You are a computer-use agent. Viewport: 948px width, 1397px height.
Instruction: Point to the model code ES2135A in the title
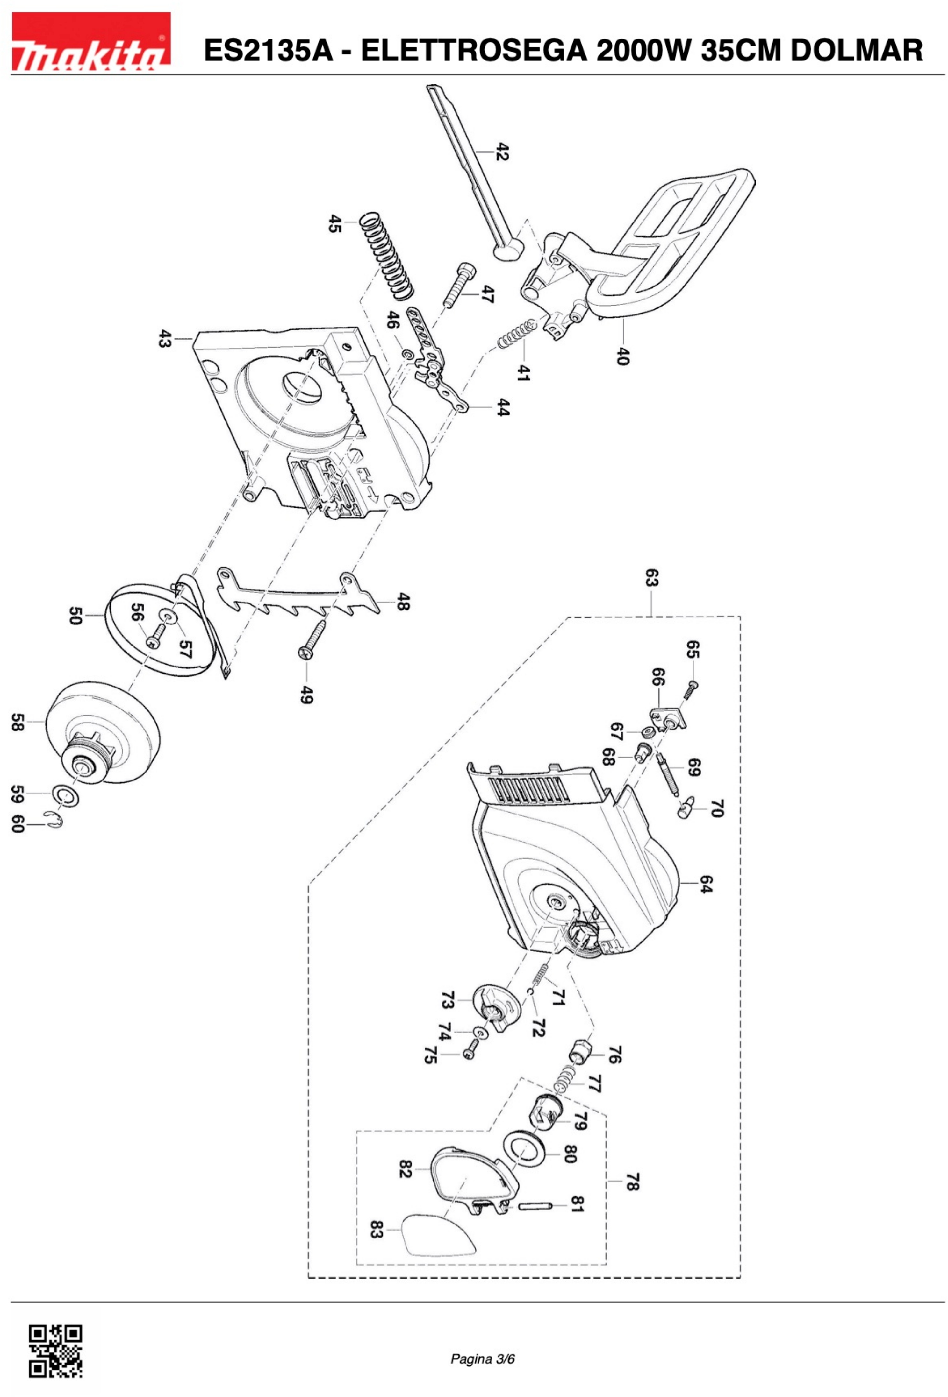coord(268,50)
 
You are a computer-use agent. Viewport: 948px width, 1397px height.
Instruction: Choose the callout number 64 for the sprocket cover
coord(706,884)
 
